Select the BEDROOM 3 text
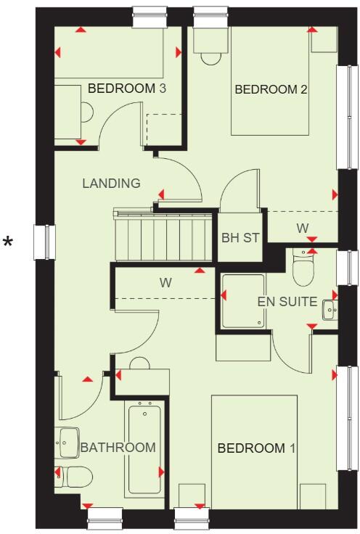(x=127, y=89)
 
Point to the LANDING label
(x=111, y=184)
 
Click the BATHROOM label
(x=118, y=448)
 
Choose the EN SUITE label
(x=287, y=302)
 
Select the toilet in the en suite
(x=303, y=268)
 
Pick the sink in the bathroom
(x=68, y=441)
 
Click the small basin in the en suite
(x=331, y=310)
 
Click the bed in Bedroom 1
(x=254, y=450)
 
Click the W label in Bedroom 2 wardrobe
(x=302, y=229)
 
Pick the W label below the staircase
(x=165, y=282)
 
